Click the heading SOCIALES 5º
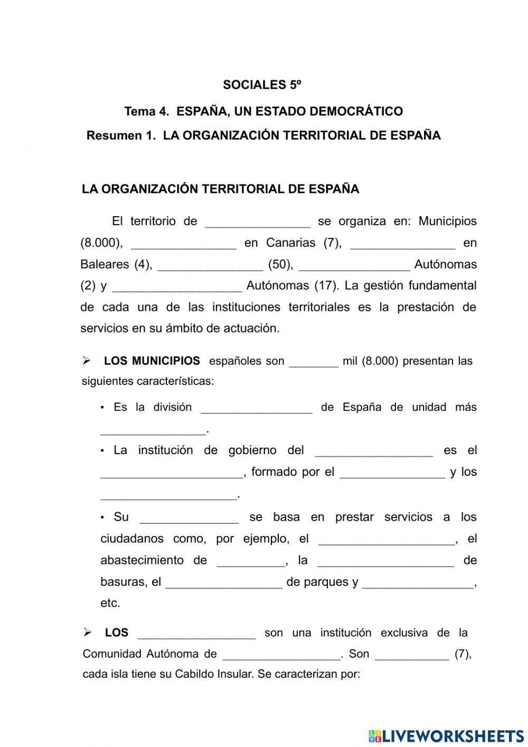coord(262,85)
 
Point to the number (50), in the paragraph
coord(280,264)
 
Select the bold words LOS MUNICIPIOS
coord(152,361)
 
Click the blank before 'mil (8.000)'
coord(314,363)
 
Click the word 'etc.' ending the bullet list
coord(110,603)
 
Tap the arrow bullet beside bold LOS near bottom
coord(88,632)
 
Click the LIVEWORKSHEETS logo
coord(446,735)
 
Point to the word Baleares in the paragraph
coord(105,264)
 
